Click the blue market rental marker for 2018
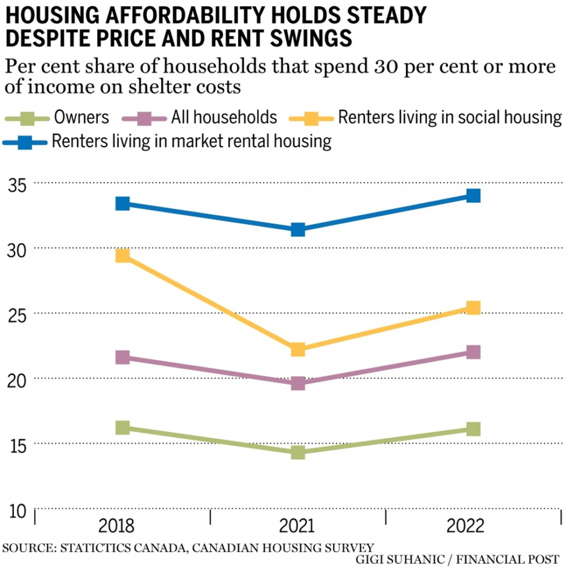[123, 204]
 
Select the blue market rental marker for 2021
[298, 229]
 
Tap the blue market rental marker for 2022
[473, 196]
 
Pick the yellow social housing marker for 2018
[123, 255]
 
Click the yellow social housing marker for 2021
[298, 350]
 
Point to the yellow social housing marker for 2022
[473, 308]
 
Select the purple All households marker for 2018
[123, 357]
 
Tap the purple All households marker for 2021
[298, 383]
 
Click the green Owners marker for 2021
[298, 452]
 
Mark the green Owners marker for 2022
[473, 429]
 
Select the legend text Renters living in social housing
[449, 118]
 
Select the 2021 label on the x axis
[298, 526]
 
